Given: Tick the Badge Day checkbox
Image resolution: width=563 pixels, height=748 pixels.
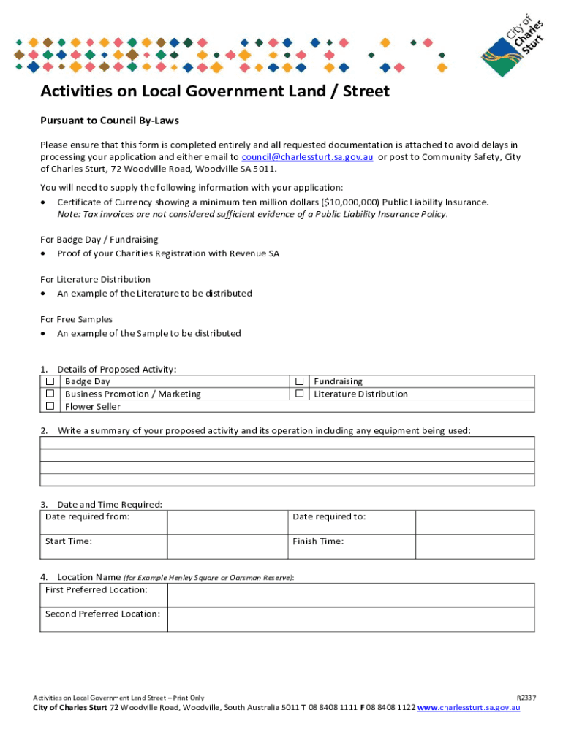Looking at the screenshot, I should [50, 381].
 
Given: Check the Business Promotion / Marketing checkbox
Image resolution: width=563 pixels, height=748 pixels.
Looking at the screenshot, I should [50, 394].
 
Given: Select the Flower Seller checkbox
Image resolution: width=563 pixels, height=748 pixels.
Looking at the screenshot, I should [50, 406].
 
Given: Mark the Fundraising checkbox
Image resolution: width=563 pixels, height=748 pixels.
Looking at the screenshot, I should [299, 381].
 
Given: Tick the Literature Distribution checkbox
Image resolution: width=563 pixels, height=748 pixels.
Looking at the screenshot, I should [299, 394].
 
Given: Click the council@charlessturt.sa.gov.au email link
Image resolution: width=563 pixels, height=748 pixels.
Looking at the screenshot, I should [307, 157].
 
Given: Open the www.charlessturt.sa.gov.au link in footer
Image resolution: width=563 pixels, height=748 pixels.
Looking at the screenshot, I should [469, 708].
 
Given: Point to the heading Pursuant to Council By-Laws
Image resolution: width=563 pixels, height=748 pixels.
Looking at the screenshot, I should [110, 121].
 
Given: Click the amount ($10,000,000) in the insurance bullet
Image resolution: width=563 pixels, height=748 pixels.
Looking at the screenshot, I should [351, 202].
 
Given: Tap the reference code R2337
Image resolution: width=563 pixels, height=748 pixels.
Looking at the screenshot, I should [526, 698].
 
